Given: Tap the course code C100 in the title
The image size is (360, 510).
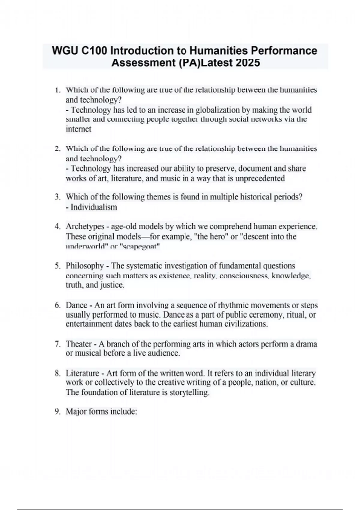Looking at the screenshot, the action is [94, 50].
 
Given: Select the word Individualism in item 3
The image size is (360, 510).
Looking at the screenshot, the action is [94, 207].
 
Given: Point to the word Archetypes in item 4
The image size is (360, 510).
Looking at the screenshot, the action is [85, 226].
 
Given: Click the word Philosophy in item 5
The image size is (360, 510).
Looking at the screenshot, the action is [85, 266].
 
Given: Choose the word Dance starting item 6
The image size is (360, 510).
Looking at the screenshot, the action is [76, 305].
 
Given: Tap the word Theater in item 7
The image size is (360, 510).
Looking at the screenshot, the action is [79, 344].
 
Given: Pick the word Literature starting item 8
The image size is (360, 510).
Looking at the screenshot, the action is [82, 373].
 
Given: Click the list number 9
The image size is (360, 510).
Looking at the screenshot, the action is [58, 412].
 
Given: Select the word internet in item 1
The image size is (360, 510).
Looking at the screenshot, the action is [78, 129].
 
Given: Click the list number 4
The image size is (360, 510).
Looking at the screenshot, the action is [58, 226].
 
